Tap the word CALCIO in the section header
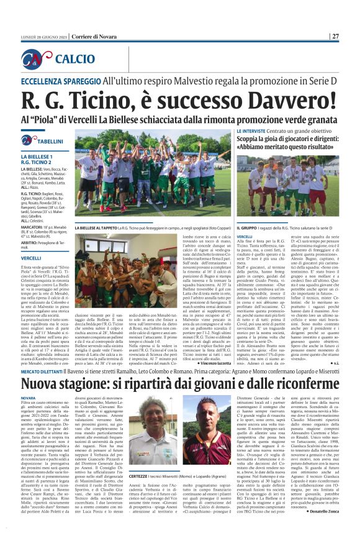click(x=75, y=59)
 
